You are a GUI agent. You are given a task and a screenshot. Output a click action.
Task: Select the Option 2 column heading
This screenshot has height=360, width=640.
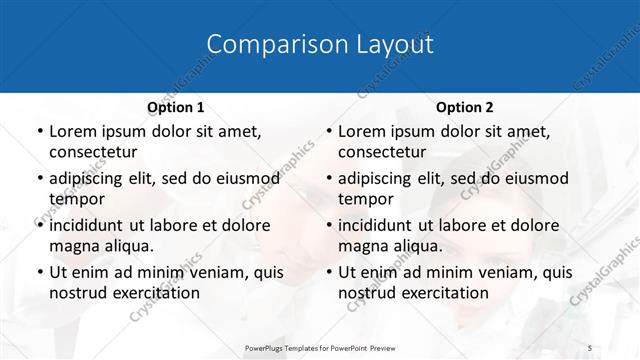(465, 106)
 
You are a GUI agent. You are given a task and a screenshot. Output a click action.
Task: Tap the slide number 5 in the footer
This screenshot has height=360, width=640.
(590, 346)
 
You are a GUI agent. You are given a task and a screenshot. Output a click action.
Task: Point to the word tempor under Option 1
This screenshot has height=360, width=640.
(76, 199)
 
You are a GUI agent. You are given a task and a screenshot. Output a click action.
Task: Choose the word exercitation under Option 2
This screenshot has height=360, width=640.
(443, 293)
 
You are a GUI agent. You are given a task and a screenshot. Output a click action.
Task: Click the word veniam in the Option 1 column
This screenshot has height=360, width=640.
(211, 272)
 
